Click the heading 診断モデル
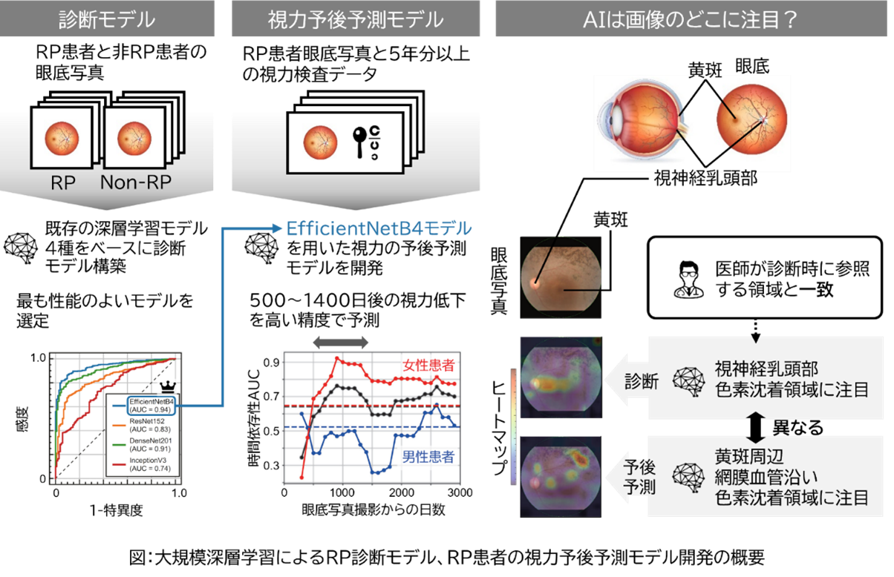tap(107, 19)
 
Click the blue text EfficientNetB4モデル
tap(379, 229)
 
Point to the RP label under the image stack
tap(63, 183)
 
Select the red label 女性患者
tap(428, 366)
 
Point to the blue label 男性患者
tap(428, 457)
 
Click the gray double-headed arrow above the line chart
tap(340, 342)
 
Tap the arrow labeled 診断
tap(628, 380)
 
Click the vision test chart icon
tap(367, 142)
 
